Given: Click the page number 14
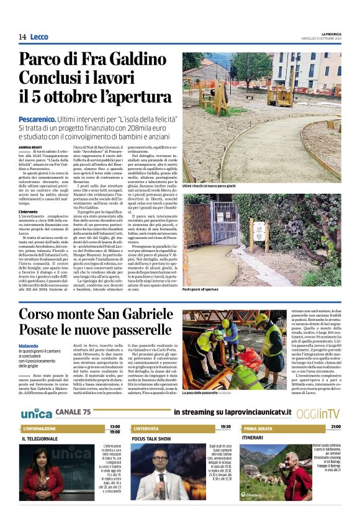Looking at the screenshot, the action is click(22, 37).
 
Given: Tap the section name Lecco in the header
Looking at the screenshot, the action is click(39, 37).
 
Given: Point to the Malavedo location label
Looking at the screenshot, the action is click(30, 346).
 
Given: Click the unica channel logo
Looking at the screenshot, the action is click(36, 413).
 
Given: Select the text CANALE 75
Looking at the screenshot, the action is click(73, 412).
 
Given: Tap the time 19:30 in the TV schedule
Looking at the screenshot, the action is click(225, 427).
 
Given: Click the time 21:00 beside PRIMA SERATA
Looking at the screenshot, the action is click(336, 427).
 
